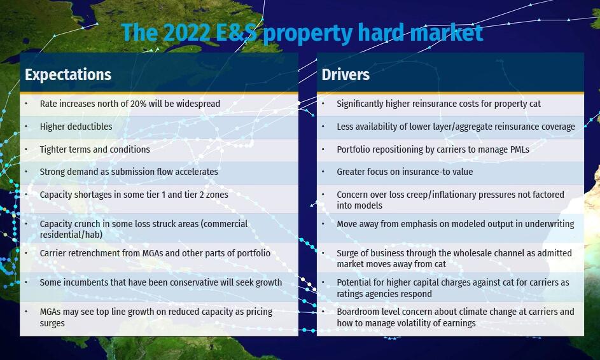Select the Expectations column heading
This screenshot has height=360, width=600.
[x=68, y=74]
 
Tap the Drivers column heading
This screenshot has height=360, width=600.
[x=345, y=74]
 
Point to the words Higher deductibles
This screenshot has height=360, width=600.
[x=76, y=127]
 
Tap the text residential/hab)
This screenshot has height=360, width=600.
[x=71, y=235]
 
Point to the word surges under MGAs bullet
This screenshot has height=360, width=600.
[x=52, y=323]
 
